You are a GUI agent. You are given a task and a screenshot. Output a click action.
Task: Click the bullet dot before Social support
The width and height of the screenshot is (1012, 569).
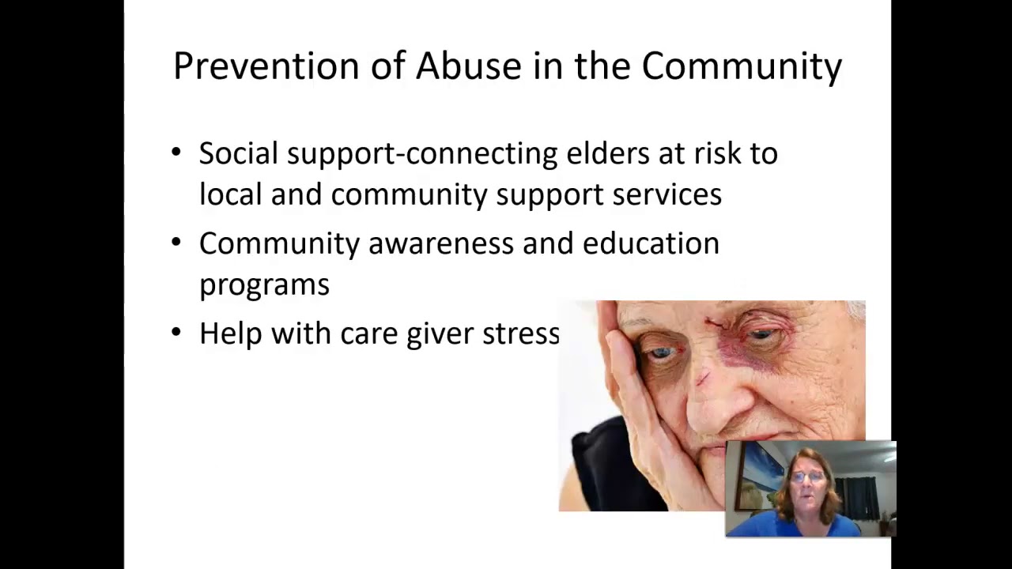176,151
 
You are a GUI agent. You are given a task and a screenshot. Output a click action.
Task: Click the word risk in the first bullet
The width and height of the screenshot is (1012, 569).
714,153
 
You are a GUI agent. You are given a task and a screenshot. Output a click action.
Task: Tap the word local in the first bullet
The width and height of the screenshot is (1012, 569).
230,194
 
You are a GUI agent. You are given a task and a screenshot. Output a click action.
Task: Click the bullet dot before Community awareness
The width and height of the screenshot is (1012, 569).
176,241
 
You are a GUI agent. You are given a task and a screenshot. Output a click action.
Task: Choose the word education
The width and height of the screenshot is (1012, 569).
651,243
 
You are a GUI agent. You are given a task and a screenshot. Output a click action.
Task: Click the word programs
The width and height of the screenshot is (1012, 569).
264,285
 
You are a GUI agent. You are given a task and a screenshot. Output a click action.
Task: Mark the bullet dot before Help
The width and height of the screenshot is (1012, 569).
176,331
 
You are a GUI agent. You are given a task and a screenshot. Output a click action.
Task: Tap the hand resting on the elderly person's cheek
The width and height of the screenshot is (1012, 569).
632,395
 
